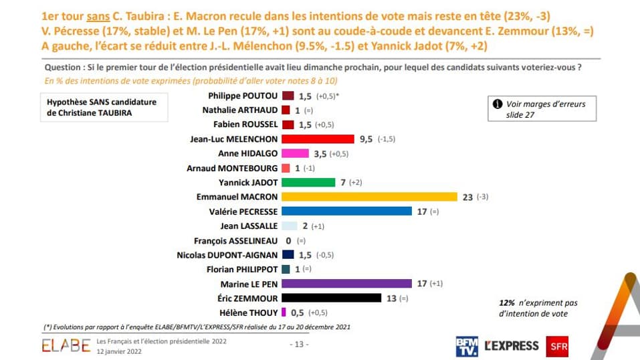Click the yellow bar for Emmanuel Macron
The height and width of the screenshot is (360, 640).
pos(369,197)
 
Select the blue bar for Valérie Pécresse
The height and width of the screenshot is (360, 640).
pos(347,211)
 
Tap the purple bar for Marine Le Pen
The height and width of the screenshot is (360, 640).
pos(347,283)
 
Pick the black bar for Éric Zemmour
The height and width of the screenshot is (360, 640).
pos(332,298)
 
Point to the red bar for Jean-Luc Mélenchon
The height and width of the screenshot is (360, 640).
pos(318,139)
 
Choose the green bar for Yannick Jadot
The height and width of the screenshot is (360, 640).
pos(308,182)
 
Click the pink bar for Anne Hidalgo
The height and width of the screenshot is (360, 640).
pos(295,153)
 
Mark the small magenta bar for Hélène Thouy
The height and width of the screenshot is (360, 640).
pos(284,312)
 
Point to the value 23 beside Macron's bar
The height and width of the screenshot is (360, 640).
pos(468,197)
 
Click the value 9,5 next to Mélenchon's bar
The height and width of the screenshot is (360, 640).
pos(366,139)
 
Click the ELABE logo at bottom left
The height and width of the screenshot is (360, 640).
pos(66,346)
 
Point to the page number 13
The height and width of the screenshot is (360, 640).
pos(298,344)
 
